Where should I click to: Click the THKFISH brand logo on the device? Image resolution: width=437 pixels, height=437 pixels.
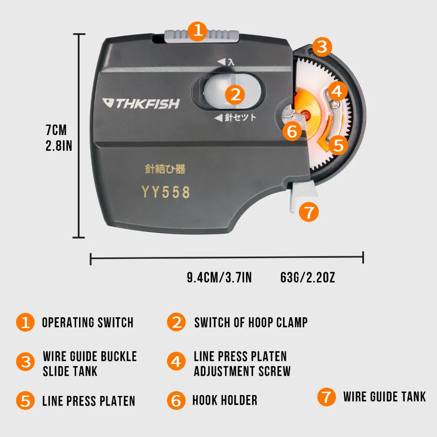(141, 104)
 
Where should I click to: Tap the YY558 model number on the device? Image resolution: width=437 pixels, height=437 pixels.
(165, 192)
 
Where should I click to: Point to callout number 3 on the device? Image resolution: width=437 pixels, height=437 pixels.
(322, 47)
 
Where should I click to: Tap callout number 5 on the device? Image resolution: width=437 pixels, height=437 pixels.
(338, 145)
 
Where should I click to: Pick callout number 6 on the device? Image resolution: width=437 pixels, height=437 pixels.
(292, 131)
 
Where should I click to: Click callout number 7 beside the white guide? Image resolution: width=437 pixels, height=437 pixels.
(309, 212)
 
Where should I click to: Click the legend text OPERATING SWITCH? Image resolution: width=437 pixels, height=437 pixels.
(87, 323)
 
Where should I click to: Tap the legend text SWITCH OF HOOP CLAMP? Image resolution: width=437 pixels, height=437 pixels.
(251, 323)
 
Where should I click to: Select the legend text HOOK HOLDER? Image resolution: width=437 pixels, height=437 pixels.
(225, 400)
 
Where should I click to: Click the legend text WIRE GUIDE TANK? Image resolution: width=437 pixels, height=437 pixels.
(384, 397)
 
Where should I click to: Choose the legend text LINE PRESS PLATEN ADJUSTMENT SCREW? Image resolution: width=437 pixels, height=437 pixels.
(242, 364)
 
